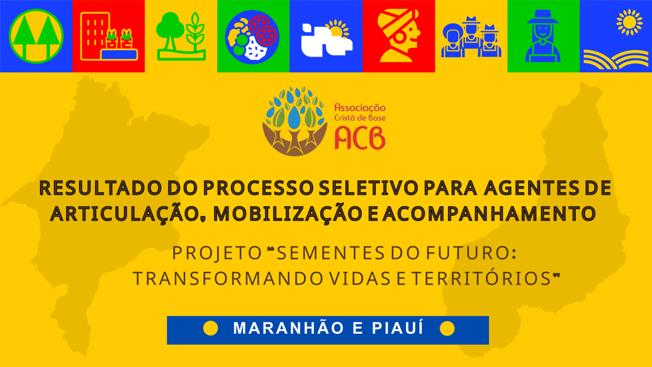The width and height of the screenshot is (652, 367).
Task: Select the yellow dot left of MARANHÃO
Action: [210, 328]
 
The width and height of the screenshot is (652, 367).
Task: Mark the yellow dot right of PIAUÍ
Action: [447, 328]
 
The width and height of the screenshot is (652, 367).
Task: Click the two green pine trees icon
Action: [36, 36]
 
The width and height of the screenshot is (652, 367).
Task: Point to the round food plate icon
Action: [253, 36]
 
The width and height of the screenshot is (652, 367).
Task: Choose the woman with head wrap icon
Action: [399, 36]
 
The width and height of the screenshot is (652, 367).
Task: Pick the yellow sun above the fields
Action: [630, 22]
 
